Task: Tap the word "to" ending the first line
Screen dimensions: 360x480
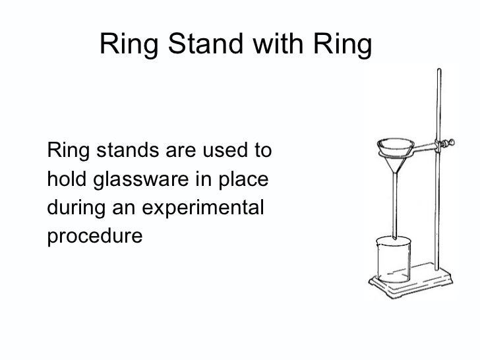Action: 262,151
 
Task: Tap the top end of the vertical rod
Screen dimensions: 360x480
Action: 436,69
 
